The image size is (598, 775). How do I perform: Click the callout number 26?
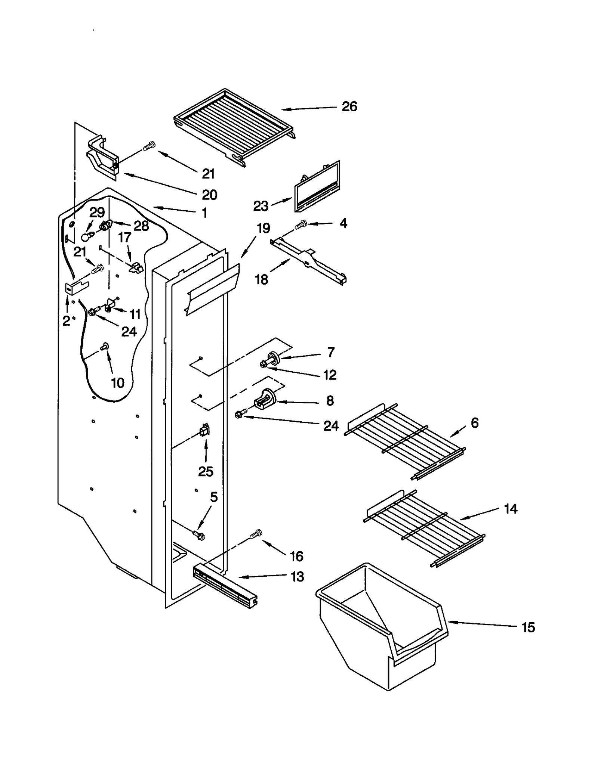pos(349,106)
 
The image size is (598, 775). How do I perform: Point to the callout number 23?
pos(261,206)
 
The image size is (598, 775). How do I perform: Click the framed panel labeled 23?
pos(317,186)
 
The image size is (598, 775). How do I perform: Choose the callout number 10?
pos(117,382)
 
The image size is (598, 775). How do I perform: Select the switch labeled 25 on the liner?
pos(204,431)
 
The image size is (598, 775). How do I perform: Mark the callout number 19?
pos(263,228)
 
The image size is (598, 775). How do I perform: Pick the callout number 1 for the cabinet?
pos(204,213)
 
